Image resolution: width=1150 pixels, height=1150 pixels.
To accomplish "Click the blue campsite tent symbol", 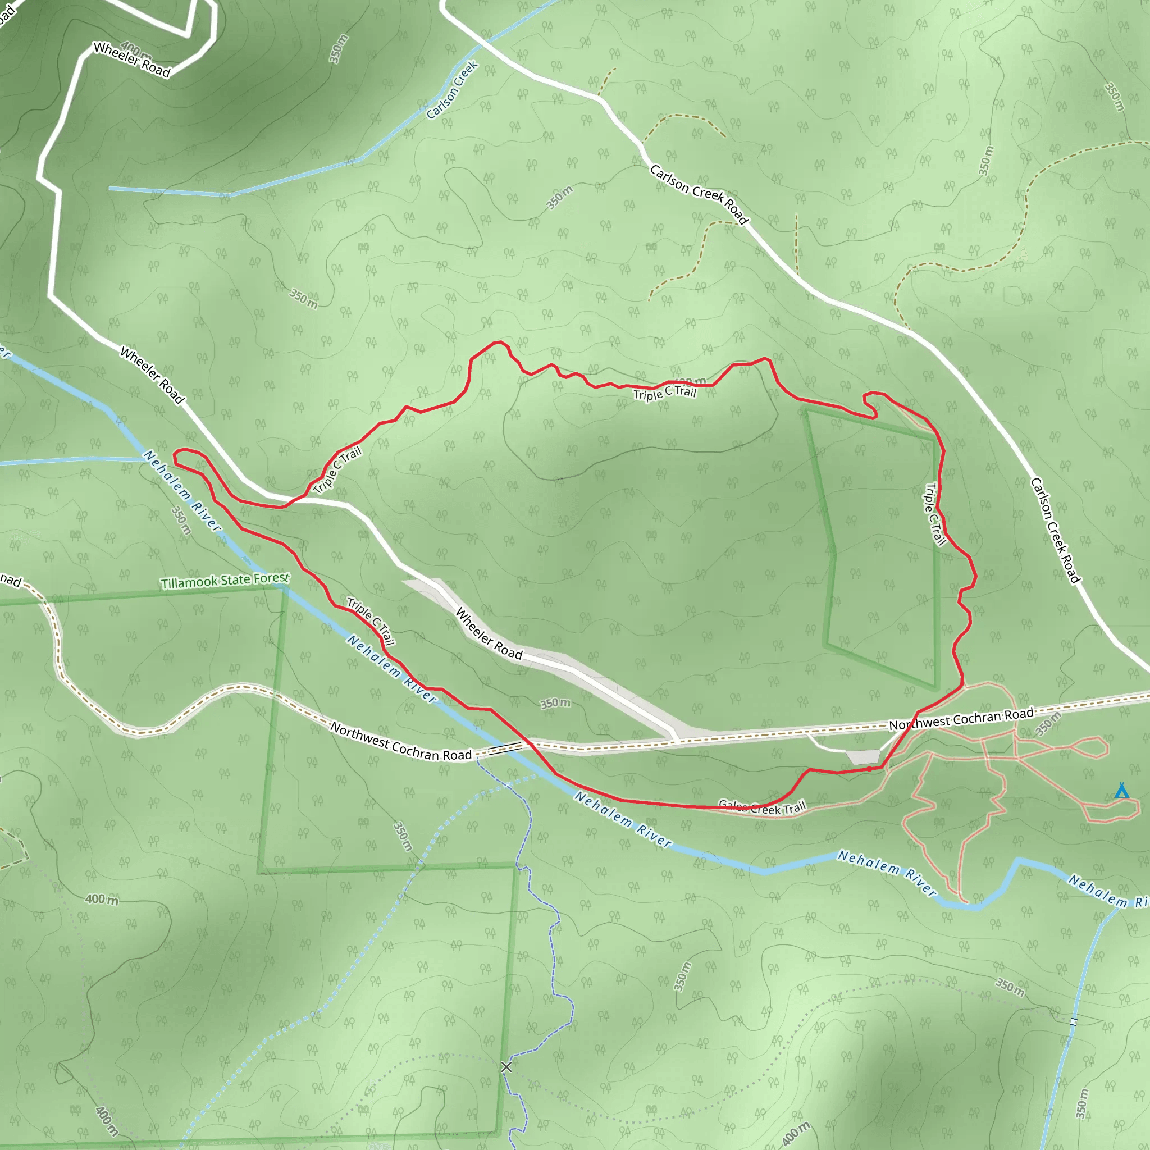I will click(1121, 791).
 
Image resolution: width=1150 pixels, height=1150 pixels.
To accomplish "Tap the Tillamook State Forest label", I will click(225, 581).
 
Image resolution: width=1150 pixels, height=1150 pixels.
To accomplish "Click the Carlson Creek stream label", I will click(453, 90).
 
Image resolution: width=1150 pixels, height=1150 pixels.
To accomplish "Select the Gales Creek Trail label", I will click(762, 807).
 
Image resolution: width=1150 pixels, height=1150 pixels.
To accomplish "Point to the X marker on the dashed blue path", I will click(506, 1067).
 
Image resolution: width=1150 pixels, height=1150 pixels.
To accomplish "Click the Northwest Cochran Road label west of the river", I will click(401, 742).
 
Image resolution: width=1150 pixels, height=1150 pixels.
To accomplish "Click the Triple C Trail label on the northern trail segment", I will click(664, 393).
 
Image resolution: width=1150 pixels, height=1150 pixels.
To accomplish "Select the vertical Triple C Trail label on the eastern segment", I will click(934, 514).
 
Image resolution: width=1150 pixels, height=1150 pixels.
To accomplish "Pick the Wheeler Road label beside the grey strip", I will click(489, 635).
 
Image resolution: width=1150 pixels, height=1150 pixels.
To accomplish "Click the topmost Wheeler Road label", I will click(132, 60).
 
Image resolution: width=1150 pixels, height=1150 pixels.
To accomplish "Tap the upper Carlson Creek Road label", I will click(699, 194).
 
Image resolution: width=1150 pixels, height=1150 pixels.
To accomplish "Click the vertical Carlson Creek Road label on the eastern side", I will click(1055, 530).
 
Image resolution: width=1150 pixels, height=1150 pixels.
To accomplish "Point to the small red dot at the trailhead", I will click(870, 769).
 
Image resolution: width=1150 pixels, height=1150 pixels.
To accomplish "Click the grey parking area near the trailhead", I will click(862, 756).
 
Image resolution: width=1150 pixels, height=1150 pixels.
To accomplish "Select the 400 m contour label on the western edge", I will click(102, 899).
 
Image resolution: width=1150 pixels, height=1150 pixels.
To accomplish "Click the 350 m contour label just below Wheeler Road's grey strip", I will click(555, 703).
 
